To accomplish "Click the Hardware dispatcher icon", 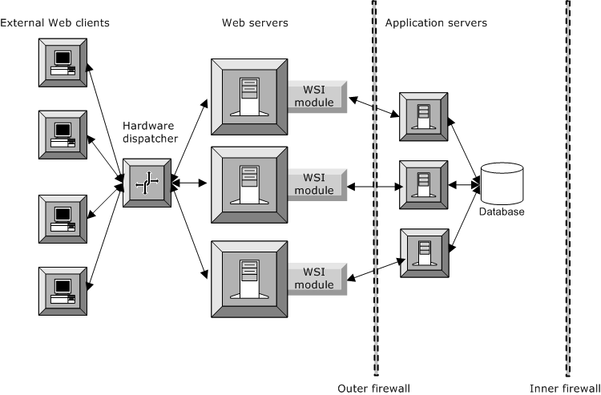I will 147,183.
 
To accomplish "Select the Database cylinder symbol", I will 502,183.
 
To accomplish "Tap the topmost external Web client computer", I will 63,62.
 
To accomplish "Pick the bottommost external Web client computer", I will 63,290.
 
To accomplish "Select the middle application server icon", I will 424,185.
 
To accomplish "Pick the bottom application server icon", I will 424,252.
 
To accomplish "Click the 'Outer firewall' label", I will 373,387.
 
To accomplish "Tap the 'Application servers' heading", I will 436,22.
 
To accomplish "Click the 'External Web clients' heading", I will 55,22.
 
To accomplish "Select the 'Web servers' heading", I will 255,22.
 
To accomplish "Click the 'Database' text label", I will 502,212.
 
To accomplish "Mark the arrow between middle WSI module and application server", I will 373,186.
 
